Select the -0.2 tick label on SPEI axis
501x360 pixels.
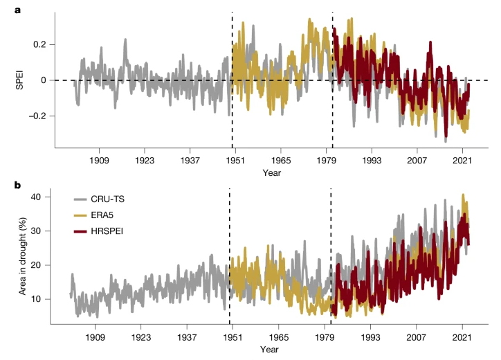pyautogui.click(x=36, y=116)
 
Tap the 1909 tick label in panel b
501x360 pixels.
pyautogui.click(x=95, y=336)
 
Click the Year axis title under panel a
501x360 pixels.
pyautogui.click(x=271, y=172)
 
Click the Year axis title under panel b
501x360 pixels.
pyautogui.click(x=270, y=349)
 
